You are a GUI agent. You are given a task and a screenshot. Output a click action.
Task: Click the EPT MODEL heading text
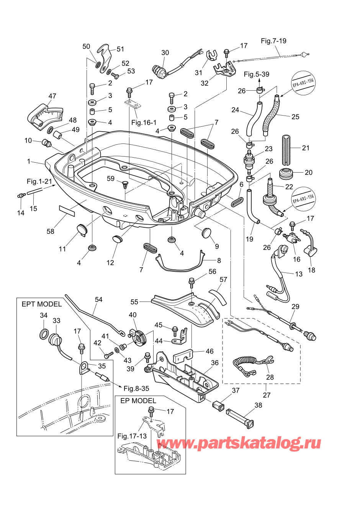[x=41, y=304]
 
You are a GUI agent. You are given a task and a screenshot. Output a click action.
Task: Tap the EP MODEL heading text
[x=138, y=401]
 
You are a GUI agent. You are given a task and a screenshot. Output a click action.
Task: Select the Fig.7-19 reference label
[x=273, y=41]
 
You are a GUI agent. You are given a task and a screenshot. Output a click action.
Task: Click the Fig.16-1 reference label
[x=144, y=122]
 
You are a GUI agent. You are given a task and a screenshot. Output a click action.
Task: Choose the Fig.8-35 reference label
[x=136, y=388]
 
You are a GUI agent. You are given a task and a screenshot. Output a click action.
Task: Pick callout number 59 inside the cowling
[x=111, y=179]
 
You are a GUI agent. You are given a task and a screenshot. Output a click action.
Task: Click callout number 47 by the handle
[x=52, y=96]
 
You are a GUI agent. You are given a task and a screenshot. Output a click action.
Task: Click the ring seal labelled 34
[x=44, y=334]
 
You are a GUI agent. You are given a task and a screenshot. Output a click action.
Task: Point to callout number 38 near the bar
[x=258, y=405]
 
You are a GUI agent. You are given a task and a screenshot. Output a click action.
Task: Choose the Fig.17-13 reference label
[x=132, y=436]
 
